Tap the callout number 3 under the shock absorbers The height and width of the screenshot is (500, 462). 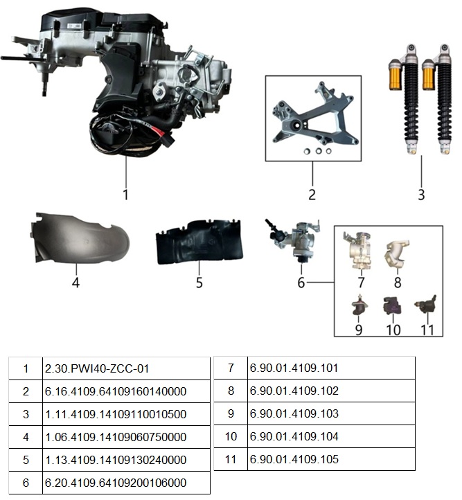(x=421, y=194)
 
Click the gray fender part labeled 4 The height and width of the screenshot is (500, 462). (x=80, y=238)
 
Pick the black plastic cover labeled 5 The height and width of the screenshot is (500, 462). (x=199, y=242)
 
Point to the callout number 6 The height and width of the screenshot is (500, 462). (x=301, y=283)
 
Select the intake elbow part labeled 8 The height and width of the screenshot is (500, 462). (x=397, y=254)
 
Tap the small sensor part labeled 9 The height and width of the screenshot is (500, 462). (x=359, y=305)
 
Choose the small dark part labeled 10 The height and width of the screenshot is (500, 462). (x=392, y=305)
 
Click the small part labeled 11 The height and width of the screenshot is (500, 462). (x=426, y=305)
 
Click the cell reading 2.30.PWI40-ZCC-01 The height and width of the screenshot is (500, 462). (x=97, y=368)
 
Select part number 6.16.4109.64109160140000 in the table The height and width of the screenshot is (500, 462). (x=116, y=391)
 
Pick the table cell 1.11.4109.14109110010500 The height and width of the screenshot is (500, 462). (x=116, y=414)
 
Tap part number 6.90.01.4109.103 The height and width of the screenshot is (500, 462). (x=294, y=413)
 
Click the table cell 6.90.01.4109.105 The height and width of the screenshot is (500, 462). (x=294, y=459)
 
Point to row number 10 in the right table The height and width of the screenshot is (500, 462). (x=231, y=436)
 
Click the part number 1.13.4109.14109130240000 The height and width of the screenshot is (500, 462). (x=116, y=460)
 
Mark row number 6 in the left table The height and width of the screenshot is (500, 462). (x=26, y=483)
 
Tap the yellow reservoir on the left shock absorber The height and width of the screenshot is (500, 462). (x=396, y=77)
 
